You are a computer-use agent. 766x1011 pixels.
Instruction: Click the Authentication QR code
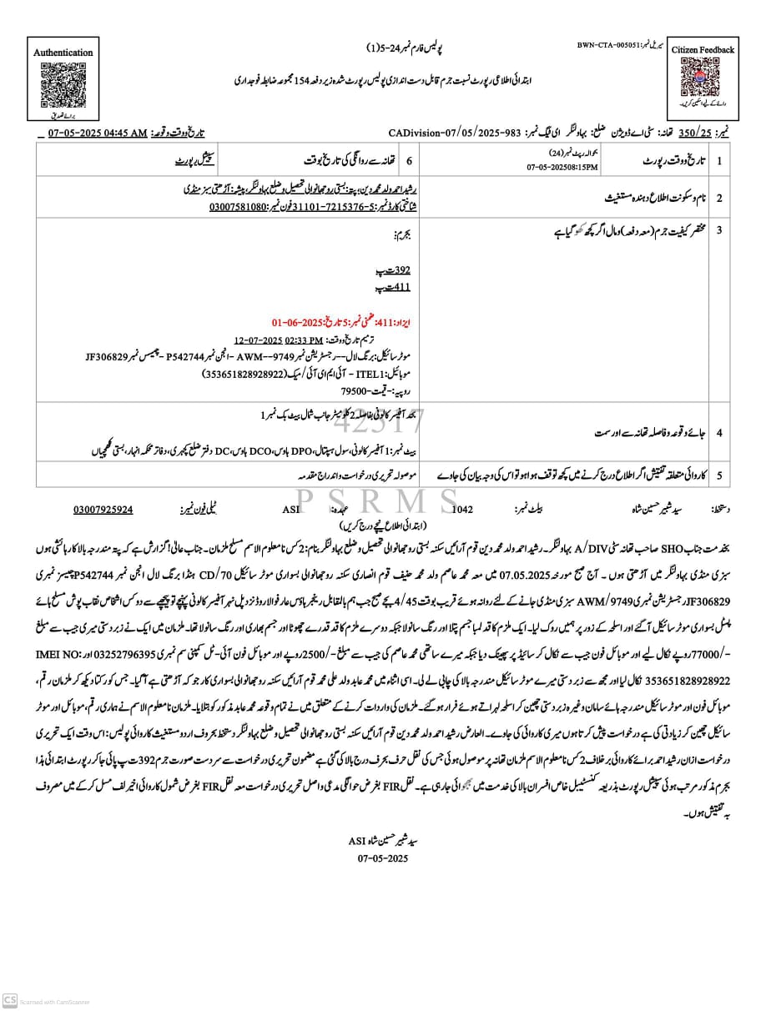[x=62, y=83]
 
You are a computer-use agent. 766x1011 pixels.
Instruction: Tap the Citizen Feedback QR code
[x=702, y=79]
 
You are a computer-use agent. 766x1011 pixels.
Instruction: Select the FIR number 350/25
[x=695, y=133]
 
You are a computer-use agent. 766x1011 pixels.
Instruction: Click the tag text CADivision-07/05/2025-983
[x=454, y=133]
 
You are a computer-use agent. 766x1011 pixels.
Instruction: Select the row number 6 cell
[x=408, y=158]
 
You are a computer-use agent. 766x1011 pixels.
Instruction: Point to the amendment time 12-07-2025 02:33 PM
[x=279, y=340]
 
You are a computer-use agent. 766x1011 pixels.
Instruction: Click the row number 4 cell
[x=718, y=433]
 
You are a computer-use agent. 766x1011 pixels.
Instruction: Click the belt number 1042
[x=461, y=508]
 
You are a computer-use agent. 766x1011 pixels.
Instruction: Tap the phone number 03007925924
[x=103, y=508]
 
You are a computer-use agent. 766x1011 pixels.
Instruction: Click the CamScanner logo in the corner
[x=10, y=1000]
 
